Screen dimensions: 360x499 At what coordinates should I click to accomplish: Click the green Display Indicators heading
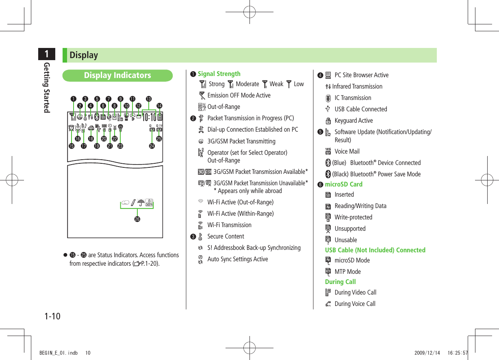tap(117, 75)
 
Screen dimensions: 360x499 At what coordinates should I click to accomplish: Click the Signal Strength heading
tap(219, 74)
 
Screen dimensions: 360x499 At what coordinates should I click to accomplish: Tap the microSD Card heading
tap(344, 184)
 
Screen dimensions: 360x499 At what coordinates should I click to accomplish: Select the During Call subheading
tap(340, 282)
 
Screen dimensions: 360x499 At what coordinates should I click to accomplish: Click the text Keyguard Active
tap(354, 121)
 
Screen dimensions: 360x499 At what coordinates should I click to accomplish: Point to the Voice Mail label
tap(347, 152)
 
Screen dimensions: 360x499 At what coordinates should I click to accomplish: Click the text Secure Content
tap(226, 236)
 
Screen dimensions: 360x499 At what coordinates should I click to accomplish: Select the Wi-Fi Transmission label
tap(229, 225)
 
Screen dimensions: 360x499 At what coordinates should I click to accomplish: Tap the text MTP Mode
tap(347, 272)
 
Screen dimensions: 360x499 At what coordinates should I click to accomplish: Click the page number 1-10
tap(52, 316)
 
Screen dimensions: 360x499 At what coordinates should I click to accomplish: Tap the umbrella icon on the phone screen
tap(141, 203)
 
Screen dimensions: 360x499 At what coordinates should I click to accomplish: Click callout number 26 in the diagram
tap(137, 219)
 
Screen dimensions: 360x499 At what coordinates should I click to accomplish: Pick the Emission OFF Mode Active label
tap(239, 95)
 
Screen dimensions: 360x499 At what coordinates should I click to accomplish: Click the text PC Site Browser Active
tap(361, 75)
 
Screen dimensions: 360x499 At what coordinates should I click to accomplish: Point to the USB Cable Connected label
tap(360, 109)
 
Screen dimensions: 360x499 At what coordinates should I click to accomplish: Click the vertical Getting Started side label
tap(47, 87)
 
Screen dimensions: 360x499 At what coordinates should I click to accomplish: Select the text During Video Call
tap(355, 293)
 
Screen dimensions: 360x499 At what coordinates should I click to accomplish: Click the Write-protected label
tap(353, 217)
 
